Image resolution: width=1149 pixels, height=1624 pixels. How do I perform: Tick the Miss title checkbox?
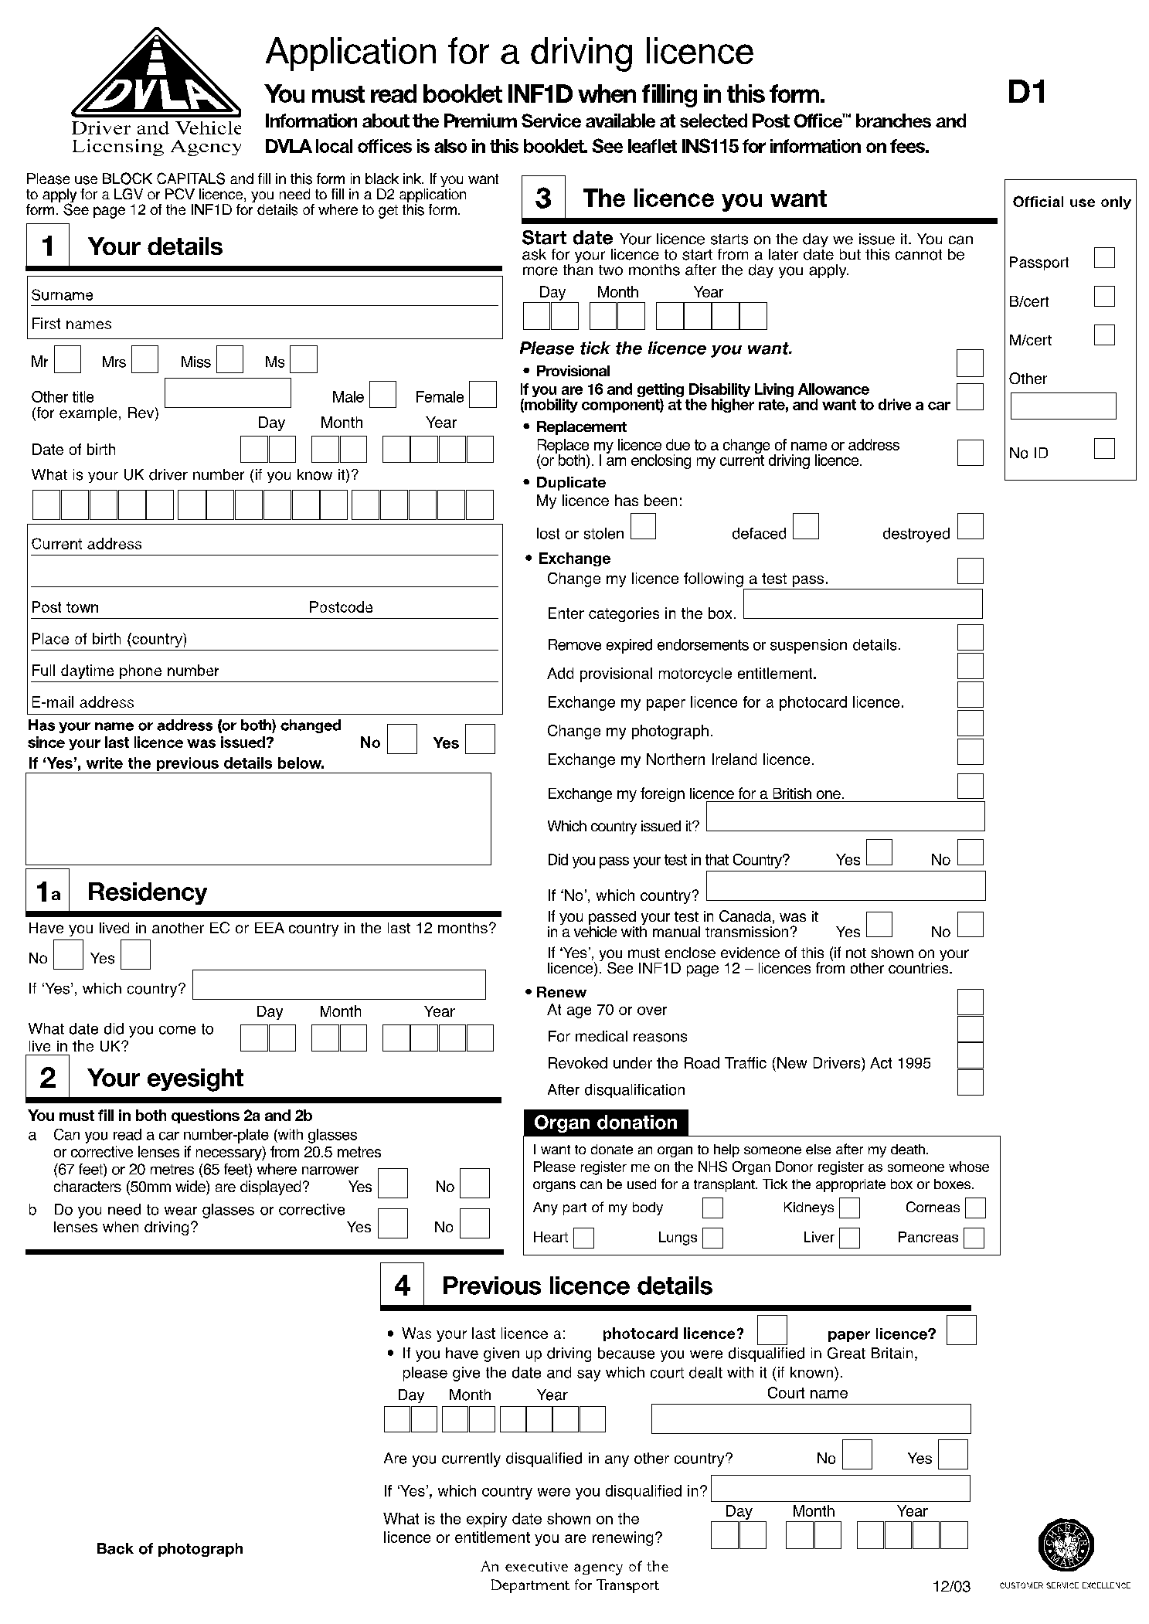pos(229,359)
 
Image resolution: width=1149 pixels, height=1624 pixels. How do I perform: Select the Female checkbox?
pos(483,394)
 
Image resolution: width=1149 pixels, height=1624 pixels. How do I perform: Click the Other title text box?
pos(228,392)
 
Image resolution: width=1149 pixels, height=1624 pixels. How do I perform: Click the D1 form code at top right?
pos(1027,93)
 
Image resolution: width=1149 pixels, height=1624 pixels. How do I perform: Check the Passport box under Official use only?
pos(1104,257)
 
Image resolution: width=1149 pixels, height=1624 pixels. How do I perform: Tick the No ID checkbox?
pos(1104,448)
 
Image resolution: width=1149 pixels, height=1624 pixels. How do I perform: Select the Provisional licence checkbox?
pos(970,362)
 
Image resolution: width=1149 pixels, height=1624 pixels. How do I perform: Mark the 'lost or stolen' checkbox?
pos(643,526)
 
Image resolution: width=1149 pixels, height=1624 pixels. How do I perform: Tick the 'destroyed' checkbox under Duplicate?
pos(970,526)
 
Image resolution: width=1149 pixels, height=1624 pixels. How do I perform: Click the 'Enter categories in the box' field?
pos(862,604)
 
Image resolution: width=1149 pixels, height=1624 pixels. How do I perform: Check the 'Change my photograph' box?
pos(970,723)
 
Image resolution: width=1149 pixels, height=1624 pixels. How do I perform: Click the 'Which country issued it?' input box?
pos(845,816)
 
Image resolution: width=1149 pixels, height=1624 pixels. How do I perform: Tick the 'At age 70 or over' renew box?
pos(970,1002)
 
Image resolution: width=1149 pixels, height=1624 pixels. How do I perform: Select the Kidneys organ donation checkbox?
pos(849,1208)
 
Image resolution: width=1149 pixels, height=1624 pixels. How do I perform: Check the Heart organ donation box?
pos(584,1238)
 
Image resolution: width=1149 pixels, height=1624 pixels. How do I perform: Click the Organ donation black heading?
pos(605,1123)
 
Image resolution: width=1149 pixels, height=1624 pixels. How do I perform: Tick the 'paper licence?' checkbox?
pos(960,1330)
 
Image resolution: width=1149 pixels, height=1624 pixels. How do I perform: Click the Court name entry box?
pos(811,1418)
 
